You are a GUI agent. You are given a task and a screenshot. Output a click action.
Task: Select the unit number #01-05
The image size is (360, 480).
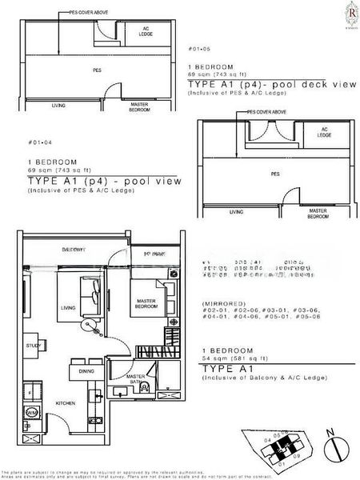tap(198, 50)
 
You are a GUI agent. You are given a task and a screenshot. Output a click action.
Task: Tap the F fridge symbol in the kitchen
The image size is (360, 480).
tap(30, 394)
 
